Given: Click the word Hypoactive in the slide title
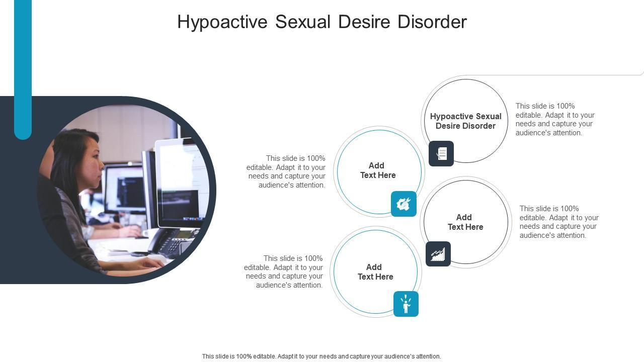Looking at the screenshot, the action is pos(222,22).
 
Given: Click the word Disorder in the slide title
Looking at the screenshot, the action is pos(432,22).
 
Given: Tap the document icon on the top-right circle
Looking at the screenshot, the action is pos(441,153).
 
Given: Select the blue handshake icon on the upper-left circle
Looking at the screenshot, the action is pos(404,204).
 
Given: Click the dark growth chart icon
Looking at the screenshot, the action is pos(438,254).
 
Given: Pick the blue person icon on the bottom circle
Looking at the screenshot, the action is pos(406,304).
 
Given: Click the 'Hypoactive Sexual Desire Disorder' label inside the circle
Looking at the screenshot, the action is pos(465,121).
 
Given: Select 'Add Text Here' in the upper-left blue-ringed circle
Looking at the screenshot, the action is pos(377,170).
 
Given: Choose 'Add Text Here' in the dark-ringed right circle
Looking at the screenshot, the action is pos(465,222).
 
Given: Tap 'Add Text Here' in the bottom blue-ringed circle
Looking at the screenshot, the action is pos(375,272).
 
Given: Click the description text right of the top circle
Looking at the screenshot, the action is pos(555,120).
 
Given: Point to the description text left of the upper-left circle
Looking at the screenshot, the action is pos(286,171).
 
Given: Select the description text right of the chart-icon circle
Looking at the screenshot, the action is pos(559,222).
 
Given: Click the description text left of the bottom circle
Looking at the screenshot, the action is pos(284,271).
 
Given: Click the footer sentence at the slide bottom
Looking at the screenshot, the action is pos(321,356).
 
